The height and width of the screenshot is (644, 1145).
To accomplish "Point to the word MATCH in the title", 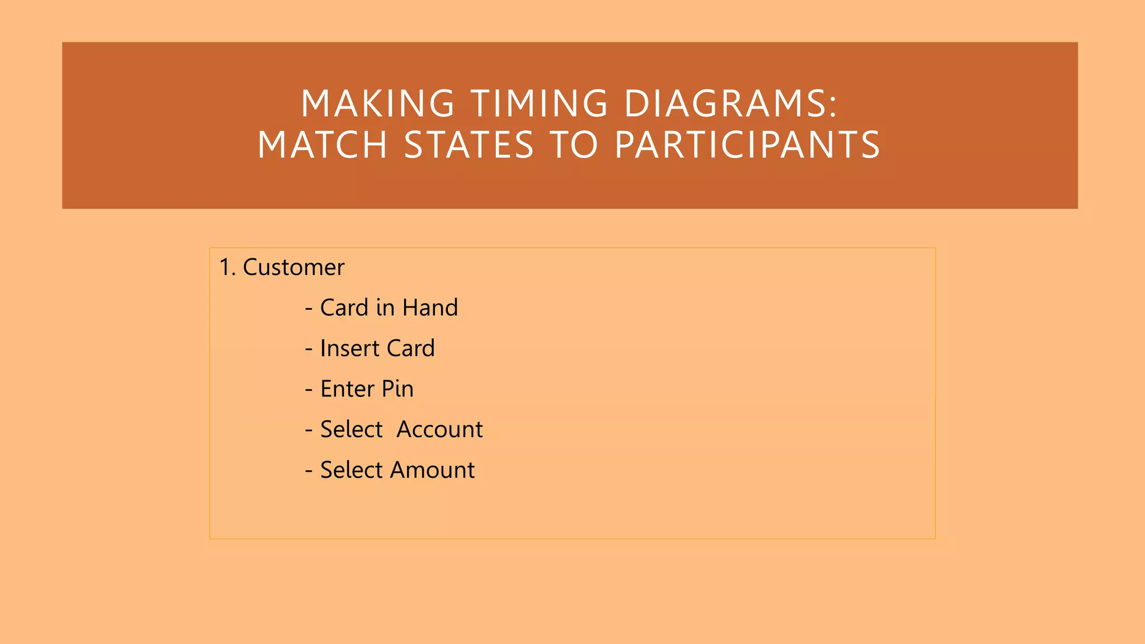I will pos(323,145).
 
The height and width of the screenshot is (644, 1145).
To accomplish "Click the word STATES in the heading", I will pos(469,145).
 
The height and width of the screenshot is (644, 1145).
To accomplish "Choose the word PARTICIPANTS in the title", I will pos(747,145).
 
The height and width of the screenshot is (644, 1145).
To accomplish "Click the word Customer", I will pos(294,267).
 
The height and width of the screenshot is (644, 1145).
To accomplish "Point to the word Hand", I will pos(430,307).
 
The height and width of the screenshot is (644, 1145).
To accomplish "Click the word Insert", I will pos(349,348).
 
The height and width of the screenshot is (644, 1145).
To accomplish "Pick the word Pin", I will pos(398,389).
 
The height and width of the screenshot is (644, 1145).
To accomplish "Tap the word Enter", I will pos(347,389).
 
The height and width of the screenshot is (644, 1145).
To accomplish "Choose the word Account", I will pos(439,429).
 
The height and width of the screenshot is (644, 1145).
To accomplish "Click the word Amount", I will pos(432,470).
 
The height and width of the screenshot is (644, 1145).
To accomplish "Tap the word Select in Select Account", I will pos(351,429).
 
